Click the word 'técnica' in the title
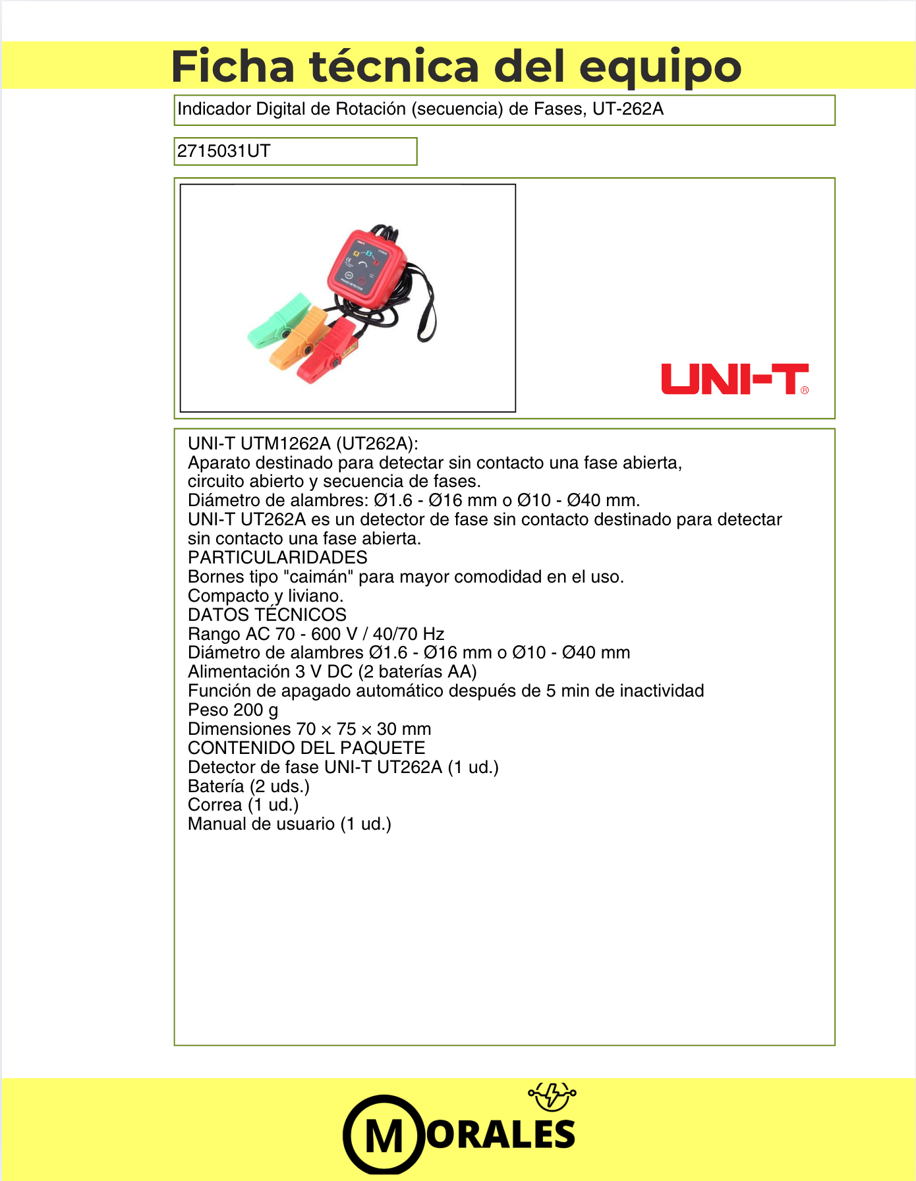coord(395,66)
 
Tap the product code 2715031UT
coord(223,151)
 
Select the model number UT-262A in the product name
coord(627,109)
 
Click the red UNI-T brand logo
coord(735,379)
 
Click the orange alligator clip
coord(301,337)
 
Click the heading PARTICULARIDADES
coord(277,558)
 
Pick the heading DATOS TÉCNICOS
coord(267,615)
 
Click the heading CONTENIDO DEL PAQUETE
coord(306,748)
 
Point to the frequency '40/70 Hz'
coord(409,634)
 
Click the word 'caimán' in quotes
coord(318,577)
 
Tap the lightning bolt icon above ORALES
coord(552,1095)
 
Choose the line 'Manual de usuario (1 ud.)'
coord(289,824)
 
